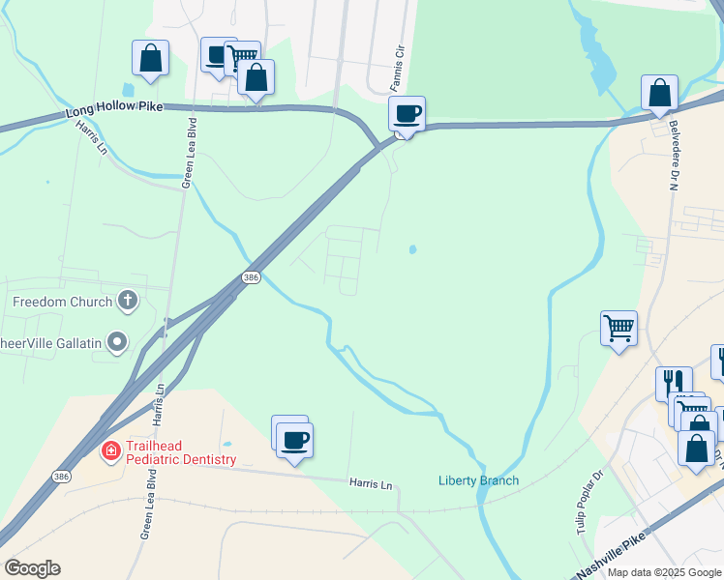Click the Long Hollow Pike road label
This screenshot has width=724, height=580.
113,108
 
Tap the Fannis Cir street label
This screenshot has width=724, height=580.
397,62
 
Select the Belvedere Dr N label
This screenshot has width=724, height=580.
673,156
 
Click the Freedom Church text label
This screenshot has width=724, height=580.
63,302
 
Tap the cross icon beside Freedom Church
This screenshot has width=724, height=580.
127,302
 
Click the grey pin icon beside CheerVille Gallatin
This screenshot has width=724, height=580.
117,342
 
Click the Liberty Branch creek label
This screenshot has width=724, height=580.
478,480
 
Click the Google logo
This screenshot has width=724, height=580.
32,568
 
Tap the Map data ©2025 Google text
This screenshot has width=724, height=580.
664,572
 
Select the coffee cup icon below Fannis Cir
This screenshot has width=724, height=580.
407,114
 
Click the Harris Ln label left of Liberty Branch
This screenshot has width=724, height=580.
372,483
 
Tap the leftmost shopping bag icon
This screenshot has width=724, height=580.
150,58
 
